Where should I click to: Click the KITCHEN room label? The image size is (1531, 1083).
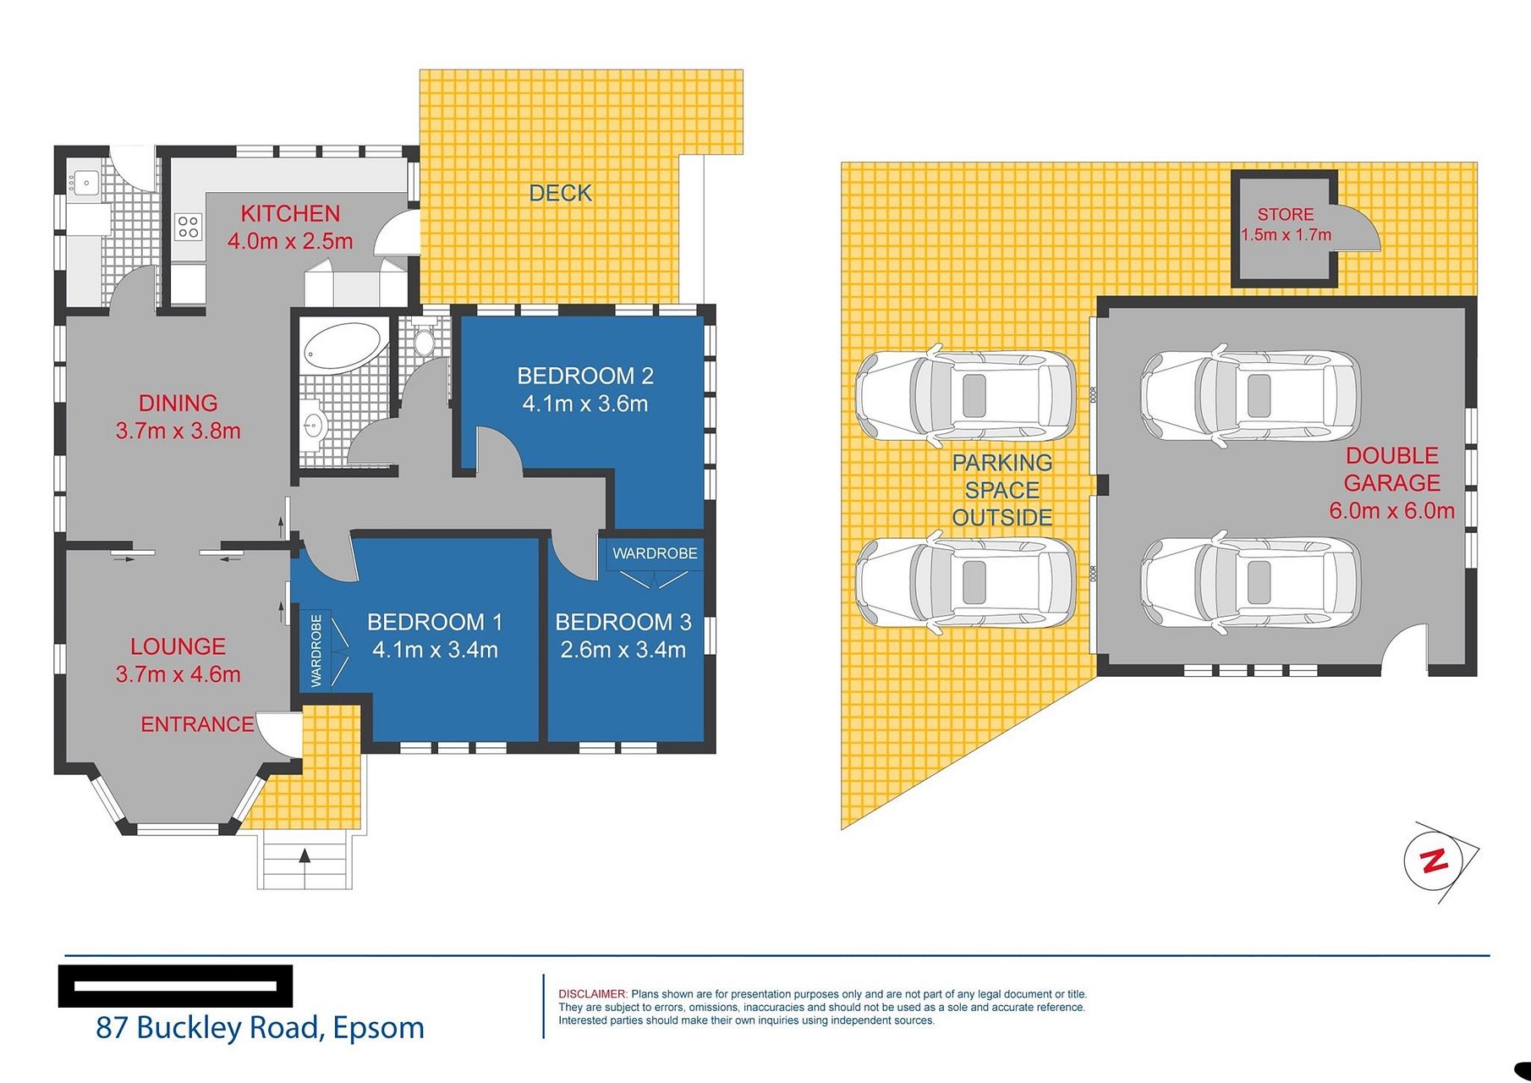290,213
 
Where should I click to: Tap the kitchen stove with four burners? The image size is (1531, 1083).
188,227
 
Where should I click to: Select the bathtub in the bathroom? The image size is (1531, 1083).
343,346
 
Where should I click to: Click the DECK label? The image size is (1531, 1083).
560,193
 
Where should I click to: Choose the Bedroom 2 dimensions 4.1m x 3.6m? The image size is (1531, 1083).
585,404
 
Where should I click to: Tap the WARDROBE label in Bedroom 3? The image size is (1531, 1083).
655,553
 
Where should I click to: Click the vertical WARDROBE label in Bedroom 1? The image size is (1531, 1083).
316,651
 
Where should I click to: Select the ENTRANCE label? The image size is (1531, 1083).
197,724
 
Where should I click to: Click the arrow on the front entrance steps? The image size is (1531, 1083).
305,855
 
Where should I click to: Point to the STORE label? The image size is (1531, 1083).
1286,215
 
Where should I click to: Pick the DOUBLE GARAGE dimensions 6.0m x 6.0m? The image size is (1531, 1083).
1392,510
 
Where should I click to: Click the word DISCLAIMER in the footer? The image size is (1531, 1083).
593,994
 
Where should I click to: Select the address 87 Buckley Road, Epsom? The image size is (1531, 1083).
261,1027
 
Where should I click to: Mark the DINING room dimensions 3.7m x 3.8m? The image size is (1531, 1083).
178,431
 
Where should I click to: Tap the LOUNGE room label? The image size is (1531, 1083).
178,646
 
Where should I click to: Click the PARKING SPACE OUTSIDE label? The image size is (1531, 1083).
1002,490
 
